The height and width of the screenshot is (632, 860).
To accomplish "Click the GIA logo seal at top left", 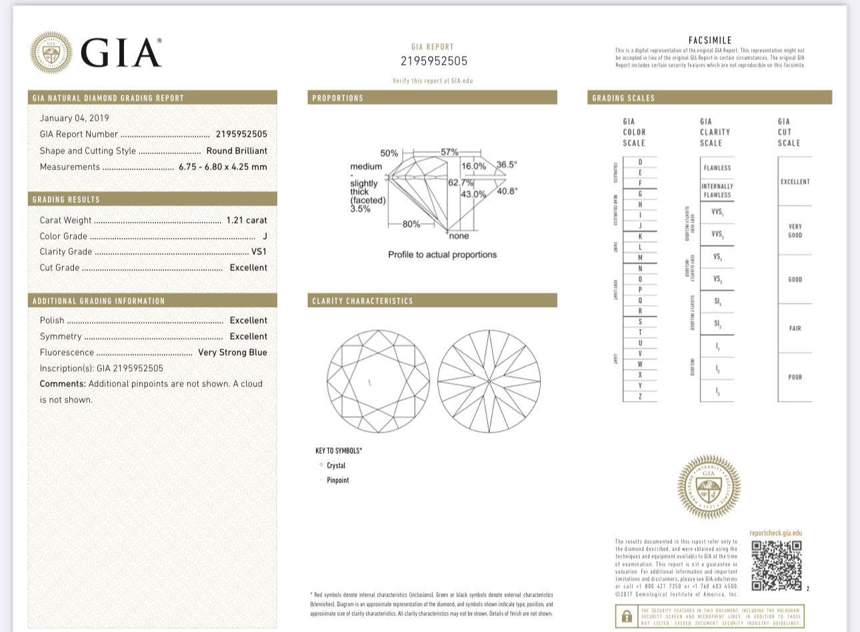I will coord(51,52).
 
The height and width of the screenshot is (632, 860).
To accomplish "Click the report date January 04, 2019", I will coord(74,118).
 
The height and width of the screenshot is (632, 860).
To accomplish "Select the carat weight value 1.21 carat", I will coord(247,220).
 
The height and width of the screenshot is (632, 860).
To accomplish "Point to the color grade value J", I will coord(265,236).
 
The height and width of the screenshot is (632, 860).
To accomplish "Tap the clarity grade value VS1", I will coord(259,252).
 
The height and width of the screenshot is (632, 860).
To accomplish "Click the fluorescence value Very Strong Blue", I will coord(232,352).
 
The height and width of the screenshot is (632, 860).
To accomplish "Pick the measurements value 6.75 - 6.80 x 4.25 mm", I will coord(223,167).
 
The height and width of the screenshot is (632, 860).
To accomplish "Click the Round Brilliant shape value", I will coord(237,151).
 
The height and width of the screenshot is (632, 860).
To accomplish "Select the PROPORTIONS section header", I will coord(338,98).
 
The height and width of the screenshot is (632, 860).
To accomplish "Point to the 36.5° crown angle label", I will coord(507,164).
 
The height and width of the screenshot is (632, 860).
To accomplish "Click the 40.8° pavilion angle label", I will coord(507,191).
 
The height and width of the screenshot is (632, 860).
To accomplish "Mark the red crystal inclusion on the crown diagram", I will coord(369,382).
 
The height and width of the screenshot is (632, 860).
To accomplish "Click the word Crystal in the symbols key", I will coord(336,466).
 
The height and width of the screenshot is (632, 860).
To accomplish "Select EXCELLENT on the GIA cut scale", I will coord(795,182).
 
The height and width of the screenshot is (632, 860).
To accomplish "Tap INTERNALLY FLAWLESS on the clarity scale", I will coord(717,191).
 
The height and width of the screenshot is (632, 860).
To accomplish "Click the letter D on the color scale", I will coord(640,162).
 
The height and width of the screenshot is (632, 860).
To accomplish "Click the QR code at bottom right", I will coord(776,565).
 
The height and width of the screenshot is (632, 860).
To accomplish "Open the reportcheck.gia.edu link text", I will coord(775,533).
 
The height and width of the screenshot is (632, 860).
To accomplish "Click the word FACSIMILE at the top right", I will coord(710,40).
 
